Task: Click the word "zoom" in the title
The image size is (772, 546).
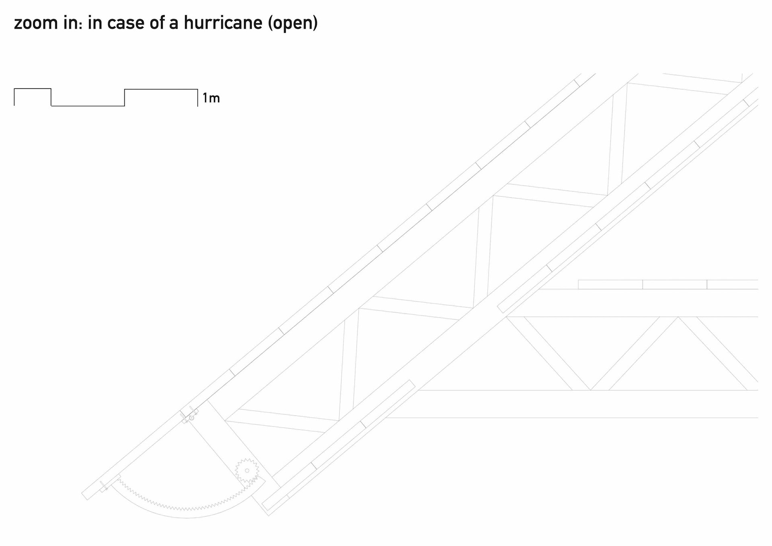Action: [36, 23]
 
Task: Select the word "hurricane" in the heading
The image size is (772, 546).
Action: [223, 23]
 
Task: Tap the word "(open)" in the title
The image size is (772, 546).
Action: [293, 23]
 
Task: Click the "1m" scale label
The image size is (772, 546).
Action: [211, 98]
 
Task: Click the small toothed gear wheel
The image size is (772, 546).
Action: [247, 470]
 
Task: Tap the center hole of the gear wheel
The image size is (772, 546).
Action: [247, 470]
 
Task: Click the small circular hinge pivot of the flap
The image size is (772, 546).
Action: [192, 418]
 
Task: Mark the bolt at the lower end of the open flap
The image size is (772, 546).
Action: [104, 487]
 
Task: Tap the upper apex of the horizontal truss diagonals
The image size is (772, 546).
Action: [678, 317]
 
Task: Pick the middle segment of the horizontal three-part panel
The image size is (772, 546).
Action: [674, 284]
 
